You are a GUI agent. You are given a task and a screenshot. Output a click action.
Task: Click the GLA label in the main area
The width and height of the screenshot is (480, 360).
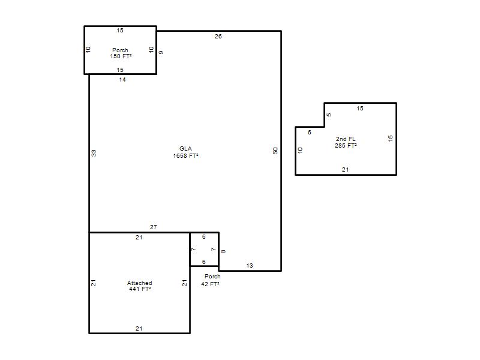coord(185,148)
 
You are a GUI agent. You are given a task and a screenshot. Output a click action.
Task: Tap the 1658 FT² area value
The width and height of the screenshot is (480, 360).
coord(185,156)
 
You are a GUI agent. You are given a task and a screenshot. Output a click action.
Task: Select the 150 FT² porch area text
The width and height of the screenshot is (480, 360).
coord(121,56)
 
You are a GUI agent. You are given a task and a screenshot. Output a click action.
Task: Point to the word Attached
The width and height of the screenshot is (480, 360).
coord(140,283)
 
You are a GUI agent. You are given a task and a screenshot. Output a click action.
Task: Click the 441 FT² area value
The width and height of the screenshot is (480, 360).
coord(140,289)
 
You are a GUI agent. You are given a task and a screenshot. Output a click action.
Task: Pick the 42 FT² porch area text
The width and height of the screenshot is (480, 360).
coord(211,284)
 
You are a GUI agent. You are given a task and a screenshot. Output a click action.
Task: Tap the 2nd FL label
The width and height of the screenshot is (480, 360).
coord(346,139)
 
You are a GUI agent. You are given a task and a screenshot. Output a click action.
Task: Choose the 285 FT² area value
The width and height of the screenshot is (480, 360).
coord(346,146)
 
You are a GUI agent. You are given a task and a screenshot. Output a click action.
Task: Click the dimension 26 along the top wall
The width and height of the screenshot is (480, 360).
coord(218,37)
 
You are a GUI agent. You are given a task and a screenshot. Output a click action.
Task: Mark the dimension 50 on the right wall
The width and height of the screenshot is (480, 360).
coord(275,151)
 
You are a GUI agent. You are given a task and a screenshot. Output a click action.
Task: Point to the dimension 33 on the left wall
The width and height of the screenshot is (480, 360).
coord(94,153)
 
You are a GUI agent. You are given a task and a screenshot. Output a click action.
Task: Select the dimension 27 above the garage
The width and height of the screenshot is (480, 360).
coord(154,227)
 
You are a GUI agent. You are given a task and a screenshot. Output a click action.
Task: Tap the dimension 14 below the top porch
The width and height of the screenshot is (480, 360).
coord(122,80)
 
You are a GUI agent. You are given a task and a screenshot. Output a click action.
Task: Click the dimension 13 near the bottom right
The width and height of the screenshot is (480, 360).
coord(250,266)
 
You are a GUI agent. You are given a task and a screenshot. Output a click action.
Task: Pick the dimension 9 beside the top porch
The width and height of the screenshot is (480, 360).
coord(161,53)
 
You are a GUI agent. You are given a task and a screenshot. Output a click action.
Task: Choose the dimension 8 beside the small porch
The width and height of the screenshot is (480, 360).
coord(223,251)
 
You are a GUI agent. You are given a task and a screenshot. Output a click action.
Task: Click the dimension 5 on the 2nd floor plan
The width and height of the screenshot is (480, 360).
coord(329,115)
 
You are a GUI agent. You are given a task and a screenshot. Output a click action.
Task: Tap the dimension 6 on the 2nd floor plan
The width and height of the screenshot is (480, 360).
coord(310,132)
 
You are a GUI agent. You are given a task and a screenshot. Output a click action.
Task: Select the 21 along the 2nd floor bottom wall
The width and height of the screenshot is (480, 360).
coord(346,170)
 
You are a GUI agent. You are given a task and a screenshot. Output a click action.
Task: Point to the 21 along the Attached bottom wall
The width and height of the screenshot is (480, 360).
coord(139,328)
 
